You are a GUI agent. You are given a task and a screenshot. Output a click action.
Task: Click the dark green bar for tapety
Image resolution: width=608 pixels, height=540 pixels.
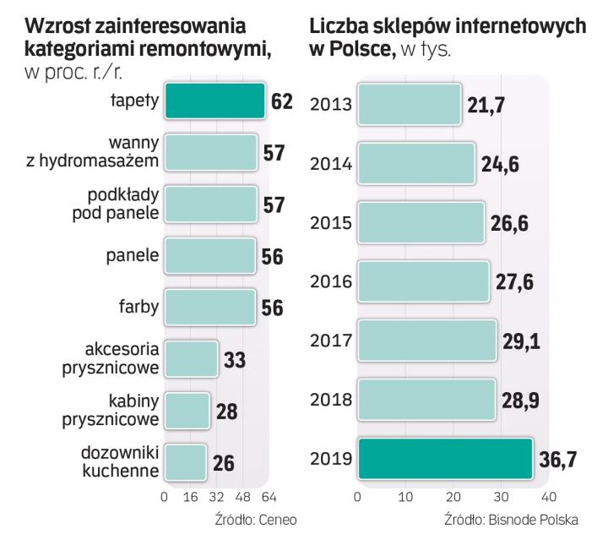[x=214, y=101]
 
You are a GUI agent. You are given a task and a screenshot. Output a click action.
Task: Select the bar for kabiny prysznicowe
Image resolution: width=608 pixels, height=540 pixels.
[x=187, y=411]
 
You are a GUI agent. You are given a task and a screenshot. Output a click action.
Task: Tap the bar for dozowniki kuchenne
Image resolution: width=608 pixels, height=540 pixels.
[x=185, y=461]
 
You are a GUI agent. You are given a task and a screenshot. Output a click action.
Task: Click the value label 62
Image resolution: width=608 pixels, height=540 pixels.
[x=282, y=102]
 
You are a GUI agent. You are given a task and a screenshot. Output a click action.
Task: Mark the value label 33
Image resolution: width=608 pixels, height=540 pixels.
[x=236, y=360]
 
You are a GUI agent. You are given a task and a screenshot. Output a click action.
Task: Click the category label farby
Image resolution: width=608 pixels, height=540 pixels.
[x=138, y=308]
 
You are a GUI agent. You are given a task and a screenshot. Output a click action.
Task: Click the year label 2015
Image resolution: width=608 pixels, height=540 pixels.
[x=330, y=221]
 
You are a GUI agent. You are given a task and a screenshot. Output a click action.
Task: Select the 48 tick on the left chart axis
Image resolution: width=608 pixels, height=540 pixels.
[x=242, y=496]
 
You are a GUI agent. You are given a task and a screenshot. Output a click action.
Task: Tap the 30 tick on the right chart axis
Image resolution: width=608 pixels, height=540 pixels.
[x=501, y=496]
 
